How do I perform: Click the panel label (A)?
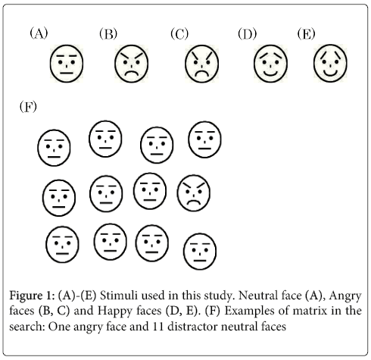pyautogui.click(x=39, y=33)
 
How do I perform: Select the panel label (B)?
pyautogui.click(x=108, y=34)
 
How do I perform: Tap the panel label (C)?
pyautogui.click(x=179, y=34)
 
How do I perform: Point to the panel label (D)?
pyautogui.click(x=247, y=34)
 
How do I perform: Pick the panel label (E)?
pyautogui.click(x=306, y=34)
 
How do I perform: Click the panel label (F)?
pyautogui.click(x=28, y=107)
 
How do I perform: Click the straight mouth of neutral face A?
pyautogui.click(x=67, y=74)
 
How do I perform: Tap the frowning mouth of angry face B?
pyautogui.click(x=132, y=73)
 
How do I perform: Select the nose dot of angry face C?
pyautogui.click(x=201, y=67)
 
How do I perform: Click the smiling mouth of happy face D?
pyautogui.click(x=270, y=74)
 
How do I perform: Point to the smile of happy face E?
pyautogui.click(x=330, y=74)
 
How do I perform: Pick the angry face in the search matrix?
pyautogui.click(x=194, y=193)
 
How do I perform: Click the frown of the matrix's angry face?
pyautogui.click(x=194, y=202)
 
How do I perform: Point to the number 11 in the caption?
pyautogui.click(x=157, y=326)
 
